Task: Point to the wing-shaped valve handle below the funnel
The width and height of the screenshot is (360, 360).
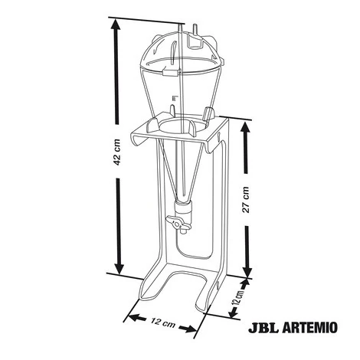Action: [178, 223]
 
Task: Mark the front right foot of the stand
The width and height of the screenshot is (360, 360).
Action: [208, 303]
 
